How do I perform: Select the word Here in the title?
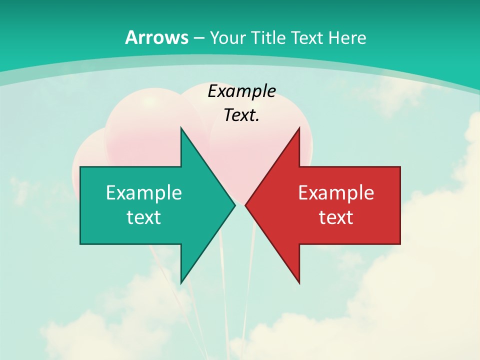tap(348, 37)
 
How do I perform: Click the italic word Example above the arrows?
tap(241, 91)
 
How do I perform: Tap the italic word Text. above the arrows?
tap(241, 115)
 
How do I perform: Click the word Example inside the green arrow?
tap(144, 192)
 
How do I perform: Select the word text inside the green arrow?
tap(144, 217)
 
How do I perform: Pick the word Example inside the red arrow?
tap(336, 192)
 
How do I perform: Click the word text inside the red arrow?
tap(336, 217)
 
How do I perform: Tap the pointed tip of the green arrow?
tap(235, 205)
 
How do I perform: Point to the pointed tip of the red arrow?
tap(245, 205)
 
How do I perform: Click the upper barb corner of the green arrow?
tap(181, 127)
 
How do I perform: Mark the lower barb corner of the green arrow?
tap(181, 283)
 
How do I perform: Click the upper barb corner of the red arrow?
tap(299, 127)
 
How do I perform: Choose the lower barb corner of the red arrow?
tap(299, 283)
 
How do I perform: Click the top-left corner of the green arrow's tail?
tap(80, 166)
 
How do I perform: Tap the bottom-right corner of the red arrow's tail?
tap(400, 244)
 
